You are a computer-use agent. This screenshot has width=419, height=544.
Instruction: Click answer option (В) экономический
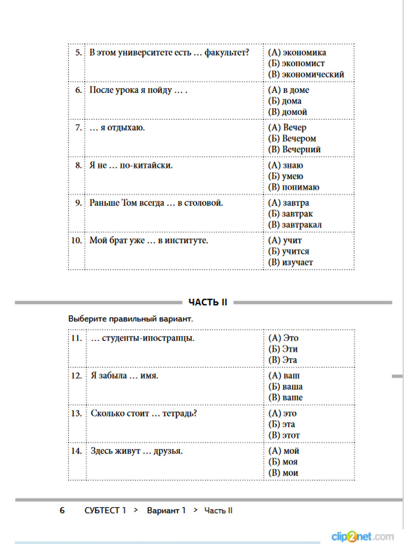pos(306,74)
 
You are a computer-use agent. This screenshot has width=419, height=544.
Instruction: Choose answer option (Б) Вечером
pos(292,139)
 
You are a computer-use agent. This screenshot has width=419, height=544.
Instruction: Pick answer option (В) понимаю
pos(293,187)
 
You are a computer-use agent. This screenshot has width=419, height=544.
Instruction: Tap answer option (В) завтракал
pos(295,225)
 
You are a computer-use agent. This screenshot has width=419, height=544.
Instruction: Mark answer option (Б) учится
pos(289,251)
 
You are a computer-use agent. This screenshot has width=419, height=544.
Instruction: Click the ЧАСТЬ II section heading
pos(208,302)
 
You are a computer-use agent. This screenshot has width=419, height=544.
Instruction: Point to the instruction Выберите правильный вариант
pos(131,319)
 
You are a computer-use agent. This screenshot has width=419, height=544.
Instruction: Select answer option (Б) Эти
pos(283,349)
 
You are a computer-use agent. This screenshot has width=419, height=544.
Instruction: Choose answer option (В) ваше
pos(285,398)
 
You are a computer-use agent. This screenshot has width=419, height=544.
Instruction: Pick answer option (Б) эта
pos(282,424)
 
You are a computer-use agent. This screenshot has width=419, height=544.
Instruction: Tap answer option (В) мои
pos(283,473)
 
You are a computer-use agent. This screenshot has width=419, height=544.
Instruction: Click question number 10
pos(76,241)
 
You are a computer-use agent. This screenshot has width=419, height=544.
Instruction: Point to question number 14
pos(76,451)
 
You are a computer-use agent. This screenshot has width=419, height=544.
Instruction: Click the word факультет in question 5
pos(227,53)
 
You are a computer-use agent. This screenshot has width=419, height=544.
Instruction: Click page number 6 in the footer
pos(62,511)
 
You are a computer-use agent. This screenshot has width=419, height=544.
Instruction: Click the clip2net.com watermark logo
pos(362,536)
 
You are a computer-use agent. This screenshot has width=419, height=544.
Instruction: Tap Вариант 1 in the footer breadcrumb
pos(166,511)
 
